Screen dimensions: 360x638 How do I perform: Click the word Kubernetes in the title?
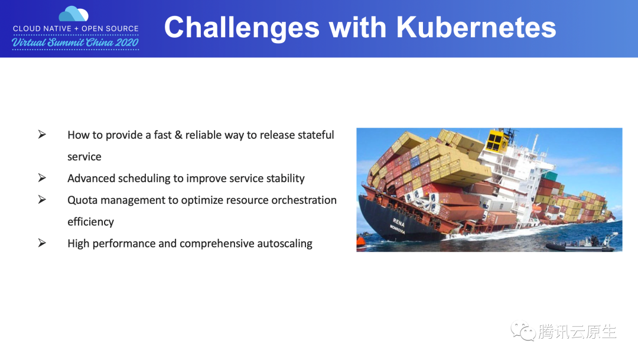[476, 27]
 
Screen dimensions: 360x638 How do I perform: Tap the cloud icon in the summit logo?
[74, 14]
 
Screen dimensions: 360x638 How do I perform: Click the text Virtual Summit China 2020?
[75, 43]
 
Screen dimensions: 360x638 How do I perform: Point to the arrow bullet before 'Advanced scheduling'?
[42, 178]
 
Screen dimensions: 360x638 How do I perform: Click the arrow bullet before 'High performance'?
[42, 243]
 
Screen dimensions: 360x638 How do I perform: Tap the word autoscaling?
[285, 244]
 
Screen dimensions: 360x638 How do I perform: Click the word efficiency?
[90, 222]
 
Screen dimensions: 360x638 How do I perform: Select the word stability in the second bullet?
[283, 178]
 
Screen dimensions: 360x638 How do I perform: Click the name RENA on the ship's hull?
[399, 223]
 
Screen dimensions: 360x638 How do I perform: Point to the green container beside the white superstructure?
[550, 176]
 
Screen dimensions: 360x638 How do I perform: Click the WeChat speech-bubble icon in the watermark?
[523, 331]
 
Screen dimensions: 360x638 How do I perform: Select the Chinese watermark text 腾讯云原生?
[577, 332]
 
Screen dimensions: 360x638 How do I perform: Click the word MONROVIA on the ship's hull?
[396, 229]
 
